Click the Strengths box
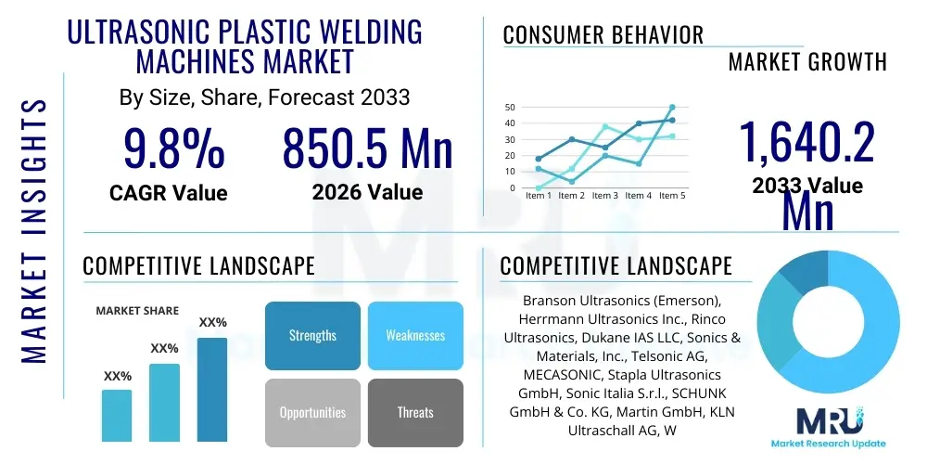(x=312, y=335)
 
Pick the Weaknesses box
(x=415, y=335)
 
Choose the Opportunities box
(x=312, y=412)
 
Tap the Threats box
(x=415, y=412)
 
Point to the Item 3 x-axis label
(x=604, y=196)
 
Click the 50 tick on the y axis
(x=509, y=108)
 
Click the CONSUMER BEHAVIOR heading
(x=603, y=35)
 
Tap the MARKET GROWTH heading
(x=807, y=62)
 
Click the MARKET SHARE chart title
(x=137, y=311)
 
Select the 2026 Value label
(x=367, y=193)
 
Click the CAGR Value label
(x=168, y=193)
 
